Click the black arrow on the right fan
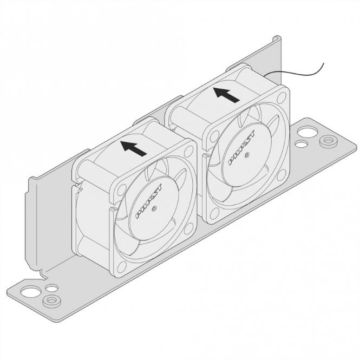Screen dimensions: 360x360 227,95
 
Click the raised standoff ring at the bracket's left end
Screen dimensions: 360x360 51,299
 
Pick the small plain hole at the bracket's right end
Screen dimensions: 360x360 298,145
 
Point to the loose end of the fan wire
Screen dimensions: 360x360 323,64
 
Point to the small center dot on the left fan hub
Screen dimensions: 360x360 154,208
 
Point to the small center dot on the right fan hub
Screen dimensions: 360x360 247,155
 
